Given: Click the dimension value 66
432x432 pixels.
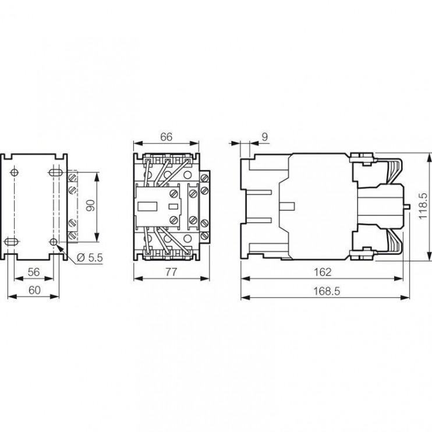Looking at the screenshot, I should [167, 137].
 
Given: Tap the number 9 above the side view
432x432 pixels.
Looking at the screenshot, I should [264, 137].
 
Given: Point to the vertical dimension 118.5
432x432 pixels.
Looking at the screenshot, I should [424, 205].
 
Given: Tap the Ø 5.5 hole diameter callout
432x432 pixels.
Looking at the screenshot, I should [90, 257].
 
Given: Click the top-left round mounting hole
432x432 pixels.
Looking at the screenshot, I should [14, 172].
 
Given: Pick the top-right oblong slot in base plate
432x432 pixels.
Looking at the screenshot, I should [53, 172].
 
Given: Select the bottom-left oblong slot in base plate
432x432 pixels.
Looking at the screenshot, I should [12, 241].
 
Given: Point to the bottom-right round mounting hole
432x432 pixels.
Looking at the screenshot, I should [54, 241].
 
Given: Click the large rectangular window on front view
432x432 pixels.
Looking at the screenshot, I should [146, 206].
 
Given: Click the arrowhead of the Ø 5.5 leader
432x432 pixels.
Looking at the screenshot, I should [58, 246].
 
